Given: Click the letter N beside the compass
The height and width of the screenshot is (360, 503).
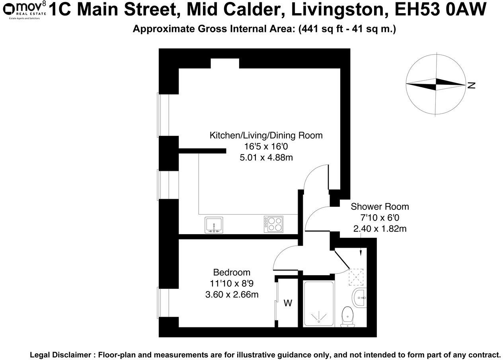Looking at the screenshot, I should click(x=472, y=85).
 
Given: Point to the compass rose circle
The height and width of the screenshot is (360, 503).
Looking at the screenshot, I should click(x=436, y=84).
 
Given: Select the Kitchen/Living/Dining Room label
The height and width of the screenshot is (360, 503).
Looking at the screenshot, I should click(x=266, y=135).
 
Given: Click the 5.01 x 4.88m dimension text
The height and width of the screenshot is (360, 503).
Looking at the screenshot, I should click(x=266, y=158).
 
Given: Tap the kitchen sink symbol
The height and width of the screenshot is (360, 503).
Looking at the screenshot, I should click(x=214, y=225).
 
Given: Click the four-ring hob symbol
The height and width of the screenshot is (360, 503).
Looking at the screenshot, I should click(x=273, y=224).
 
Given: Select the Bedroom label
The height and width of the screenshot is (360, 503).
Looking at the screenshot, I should click(x=232, y=273).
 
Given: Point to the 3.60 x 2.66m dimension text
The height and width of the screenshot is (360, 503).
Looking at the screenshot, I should click(x=232, y=295).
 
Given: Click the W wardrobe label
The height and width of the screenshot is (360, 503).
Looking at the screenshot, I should click(x=288, y=303).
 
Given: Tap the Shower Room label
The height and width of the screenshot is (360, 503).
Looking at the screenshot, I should click(x=380, y=207).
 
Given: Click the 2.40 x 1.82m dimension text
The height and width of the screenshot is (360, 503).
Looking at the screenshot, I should click(x=380, y=229).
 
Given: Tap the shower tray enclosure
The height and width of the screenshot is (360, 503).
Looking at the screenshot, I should click(x=319, y=304).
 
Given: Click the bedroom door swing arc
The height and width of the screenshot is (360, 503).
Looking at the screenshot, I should click(x=283, y=257).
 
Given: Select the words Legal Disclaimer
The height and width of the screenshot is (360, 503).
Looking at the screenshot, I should click(x=62, y=354).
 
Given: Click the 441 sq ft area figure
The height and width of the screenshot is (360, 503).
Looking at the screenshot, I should click(x=318, y=29).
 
